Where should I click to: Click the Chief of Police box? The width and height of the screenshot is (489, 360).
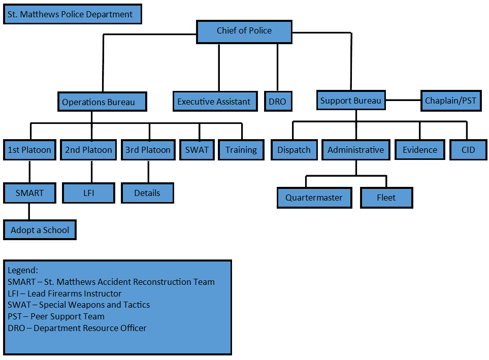[244, 32]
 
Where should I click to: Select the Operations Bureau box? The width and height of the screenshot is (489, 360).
[102, 102]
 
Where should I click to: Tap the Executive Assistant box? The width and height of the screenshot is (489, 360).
[215, 102]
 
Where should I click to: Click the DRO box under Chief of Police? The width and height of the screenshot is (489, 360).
[278, 102]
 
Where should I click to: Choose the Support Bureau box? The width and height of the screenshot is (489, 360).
[351, 100]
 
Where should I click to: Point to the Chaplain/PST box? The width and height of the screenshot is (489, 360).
[451, 101]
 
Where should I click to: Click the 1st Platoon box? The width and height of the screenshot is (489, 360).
[29, 150]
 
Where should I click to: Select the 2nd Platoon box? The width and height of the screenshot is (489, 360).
[88, 150]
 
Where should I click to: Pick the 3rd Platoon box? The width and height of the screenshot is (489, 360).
[148, 150]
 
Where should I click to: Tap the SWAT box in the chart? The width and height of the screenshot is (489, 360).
[197, 150]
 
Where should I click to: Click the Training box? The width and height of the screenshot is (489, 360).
[241, 150]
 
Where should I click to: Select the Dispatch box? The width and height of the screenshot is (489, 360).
[294, 150]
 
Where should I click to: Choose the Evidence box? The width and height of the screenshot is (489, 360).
[420, 150]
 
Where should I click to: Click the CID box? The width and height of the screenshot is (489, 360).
[468, 150]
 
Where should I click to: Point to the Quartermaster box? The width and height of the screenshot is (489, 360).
[314, 198]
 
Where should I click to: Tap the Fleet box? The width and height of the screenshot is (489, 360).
[386, 198]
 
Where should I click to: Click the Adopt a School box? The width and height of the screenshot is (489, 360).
[40, 230]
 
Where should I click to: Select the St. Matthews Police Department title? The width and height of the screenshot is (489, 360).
[72, 14]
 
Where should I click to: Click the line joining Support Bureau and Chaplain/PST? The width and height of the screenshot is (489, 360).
[403, 100]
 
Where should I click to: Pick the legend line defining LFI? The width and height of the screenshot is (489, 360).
[64, 293]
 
